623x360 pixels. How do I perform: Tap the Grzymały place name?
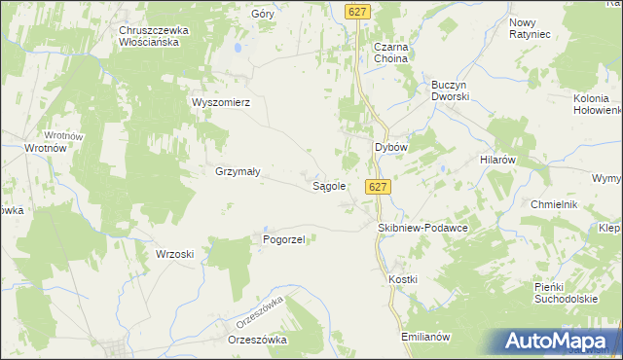click(237, 171)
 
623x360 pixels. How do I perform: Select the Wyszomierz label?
click(222, 102)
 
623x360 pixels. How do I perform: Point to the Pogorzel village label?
click(284, 238)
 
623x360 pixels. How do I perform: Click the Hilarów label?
click(496, 158)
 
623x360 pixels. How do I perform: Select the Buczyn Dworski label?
click(451, 91)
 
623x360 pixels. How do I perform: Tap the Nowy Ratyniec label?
click(530, 28)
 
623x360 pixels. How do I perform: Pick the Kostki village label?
click(402, 279)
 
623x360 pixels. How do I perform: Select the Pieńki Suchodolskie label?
click(566, 293)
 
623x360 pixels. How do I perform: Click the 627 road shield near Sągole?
click(379, 187)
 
